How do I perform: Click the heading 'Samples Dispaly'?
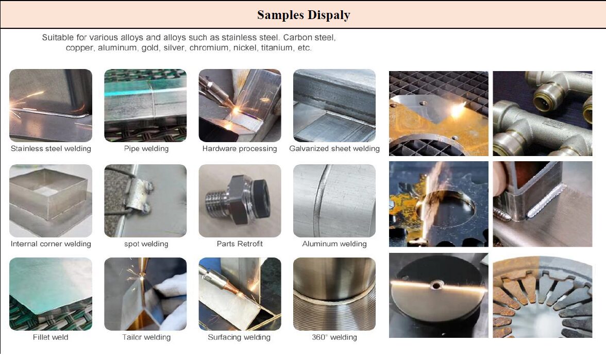click(304, 15)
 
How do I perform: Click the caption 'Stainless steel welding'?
click(50, 149)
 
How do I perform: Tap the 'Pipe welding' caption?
click(146, 149)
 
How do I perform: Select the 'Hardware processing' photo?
click(240, 106)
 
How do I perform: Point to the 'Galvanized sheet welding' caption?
click(334, 149)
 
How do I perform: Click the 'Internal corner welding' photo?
click(50, 201)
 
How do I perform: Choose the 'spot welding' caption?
click(146, 244)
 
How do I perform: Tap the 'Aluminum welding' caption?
click(334, 244)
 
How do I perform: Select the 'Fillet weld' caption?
click(50, 337)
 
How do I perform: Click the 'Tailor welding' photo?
click(145, 294)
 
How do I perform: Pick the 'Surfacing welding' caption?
click(239, 337)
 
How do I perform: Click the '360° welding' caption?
click(334, 337)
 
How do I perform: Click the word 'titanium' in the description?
click(276, 48)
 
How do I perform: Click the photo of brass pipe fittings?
click(543, 113)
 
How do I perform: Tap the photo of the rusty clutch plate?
click(543, 296)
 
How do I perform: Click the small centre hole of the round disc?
click(437, 286)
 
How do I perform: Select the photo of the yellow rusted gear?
click(439, 204)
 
